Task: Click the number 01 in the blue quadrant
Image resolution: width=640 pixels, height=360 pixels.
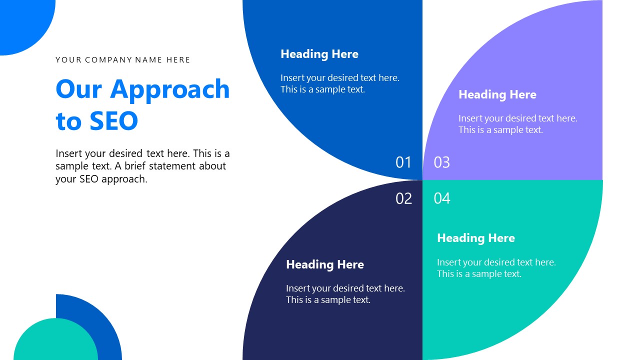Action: (x=403, y=162)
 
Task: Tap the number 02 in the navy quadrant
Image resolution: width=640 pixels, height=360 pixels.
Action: (x=403, y=198)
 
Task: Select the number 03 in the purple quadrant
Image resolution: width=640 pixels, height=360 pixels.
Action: (x=441, y=162)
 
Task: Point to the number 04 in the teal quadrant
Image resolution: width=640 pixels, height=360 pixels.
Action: (x=442, y=198)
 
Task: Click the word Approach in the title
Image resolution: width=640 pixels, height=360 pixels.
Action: (x=170, y=89)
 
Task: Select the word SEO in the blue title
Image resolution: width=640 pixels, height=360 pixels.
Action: (x=113, y=121)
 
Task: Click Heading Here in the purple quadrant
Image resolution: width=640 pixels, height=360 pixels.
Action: (x=497, y=94)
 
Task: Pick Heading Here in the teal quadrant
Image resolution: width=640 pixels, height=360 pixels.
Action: (x=475, y=238)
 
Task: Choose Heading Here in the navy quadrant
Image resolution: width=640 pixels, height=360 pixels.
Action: (x=324, y=264)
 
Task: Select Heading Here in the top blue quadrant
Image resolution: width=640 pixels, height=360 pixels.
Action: (x=319, y=54)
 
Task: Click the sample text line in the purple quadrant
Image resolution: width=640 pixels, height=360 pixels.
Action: (x=500, y=130)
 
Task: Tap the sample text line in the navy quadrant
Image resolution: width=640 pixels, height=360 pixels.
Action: (x=328, y=300)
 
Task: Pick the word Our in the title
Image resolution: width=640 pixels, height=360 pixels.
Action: (x=78, y=89)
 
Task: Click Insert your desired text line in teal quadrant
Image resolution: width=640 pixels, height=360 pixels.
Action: (x=496, y=262)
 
